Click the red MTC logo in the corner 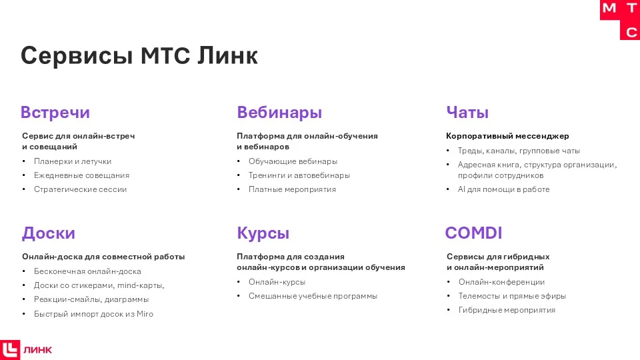tap(620, 20)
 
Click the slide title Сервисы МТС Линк tap(139, 55)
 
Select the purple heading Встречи tap(55, 113)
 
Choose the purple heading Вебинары tap(279, 113)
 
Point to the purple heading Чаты tap(467, 113)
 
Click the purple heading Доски tap(48, 233)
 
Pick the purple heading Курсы tap(263, 233)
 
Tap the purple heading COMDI tap(473, 233)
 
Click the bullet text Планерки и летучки tap(73, 161)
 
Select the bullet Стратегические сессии tap(80, 189)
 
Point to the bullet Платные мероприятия tap(292, 189)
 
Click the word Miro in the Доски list tap(145, 314)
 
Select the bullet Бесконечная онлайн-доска tap(87, 271)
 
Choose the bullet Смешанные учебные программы tap(313, 296)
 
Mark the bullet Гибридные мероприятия tap(507, 310)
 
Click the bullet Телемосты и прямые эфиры tap(512, 296)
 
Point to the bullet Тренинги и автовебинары tap(299, 175)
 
